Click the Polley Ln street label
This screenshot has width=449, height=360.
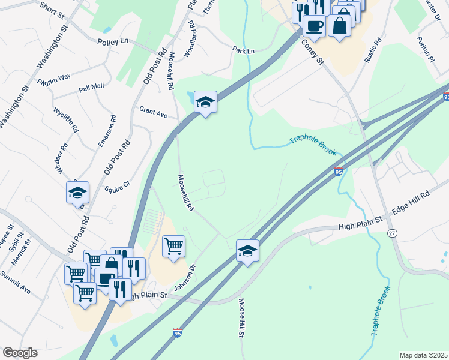tap(112, 41)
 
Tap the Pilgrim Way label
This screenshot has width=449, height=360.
tap(54, 79)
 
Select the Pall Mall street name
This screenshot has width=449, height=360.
tap(91, 87)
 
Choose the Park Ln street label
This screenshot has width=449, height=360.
tap(244, 51)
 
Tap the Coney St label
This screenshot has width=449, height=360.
tap(312, 53)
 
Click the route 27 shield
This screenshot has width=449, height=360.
tap(393, 233)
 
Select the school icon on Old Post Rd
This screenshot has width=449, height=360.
tap(77, 193)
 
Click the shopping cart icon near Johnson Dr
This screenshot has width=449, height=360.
tap(173, 246)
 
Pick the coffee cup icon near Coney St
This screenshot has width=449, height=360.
tap(314, 25)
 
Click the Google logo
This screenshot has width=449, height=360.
tap(20, 353)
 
